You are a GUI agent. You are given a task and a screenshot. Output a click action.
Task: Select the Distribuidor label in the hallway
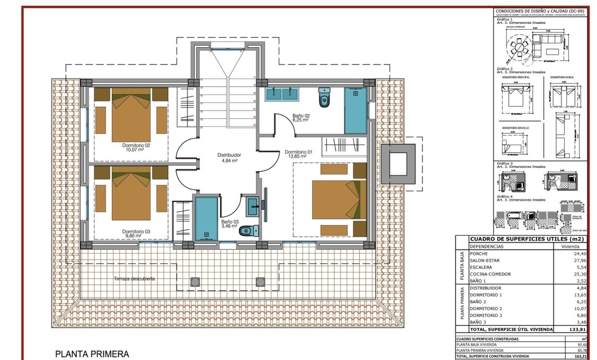click(229, 155)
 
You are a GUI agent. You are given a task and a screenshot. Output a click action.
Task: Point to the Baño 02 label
click(301, 115)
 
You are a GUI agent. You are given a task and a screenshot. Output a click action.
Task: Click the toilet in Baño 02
click(324, 98)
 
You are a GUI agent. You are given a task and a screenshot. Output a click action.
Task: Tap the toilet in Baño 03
click(248, 230)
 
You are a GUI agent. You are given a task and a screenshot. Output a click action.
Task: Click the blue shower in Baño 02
click(355, 110)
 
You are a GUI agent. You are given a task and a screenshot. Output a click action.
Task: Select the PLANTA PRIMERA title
click(92, 354)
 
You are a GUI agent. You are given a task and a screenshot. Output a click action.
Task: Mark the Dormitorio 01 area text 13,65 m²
click(298, 157)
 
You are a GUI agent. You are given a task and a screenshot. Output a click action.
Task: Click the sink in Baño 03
click(253, 203)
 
